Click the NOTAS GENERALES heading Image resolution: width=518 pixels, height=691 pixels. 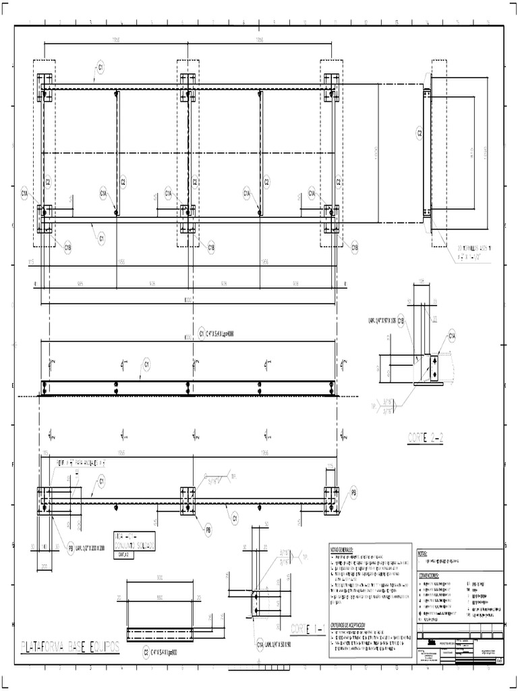343,550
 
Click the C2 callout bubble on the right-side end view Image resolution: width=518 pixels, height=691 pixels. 419,133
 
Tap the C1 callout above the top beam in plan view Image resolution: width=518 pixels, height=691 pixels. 100,67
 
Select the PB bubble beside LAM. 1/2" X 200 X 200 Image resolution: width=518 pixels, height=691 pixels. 70,548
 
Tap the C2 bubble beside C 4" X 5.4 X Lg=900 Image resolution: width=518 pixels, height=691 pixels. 146,653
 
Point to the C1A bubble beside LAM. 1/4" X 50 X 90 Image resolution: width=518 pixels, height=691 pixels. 260,644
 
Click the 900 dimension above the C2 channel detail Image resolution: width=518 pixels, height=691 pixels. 159,578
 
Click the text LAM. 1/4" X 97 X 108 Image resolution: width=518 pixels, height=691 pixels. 380,321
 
